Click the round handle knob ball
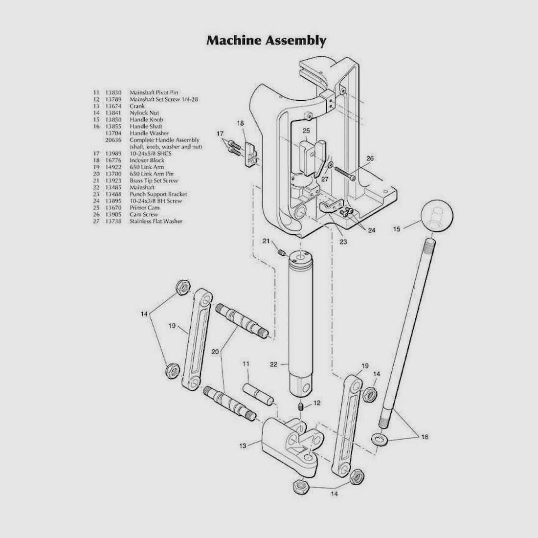coord(437,215)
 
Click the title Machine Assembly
coord(266,41)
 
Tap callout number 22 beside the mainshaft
coord(273,364)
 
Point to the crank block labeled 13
coord(291,446)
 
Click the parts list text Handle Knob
coord(146,120)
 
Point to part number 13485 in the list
coord(113,187)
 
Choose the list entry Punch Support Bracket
coord(158,194)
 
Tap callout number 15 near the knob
coord(397,229)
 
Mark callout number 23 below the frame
coord(343,242)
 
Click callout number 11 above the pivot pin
coord(246,364)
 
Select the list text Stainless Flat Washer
coord(156,221)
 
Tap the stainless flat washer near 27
coord(330,166)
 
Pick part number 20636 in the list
coord(113,140)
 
